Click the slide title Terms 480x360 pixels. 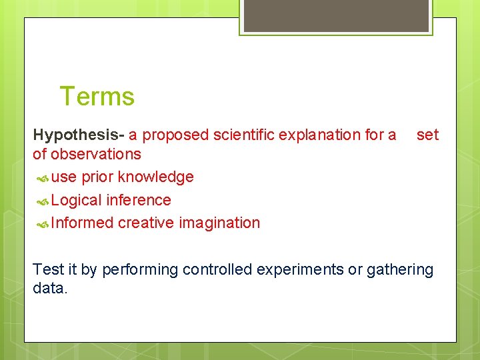point(97,97)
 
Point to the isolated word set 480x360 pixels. point(427,135)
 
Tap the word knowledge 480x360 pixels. point(156,177)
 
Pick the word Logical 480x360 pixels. point(76,200)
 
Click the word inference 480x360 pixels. point(139,200)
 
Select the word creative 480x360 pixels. point(146,223)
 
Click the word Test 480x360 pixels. point(49,269)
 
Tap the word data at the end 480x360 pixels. point(50,289)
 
